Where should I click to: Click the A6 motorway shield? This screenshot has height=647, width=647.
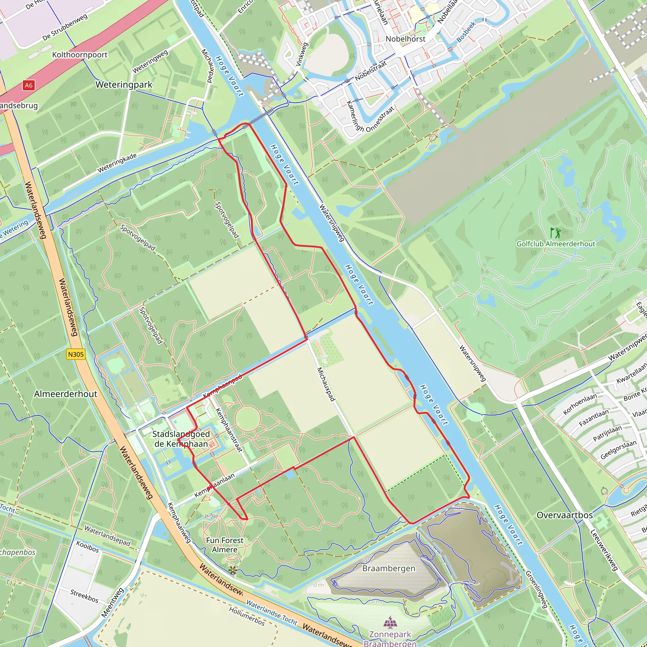click(x=28, y=85)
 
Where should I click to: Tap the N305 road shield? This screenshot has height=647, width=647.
click(x=76, y=354)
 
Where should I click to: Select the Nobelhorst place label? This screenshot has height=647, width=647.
click(x=405, y=39)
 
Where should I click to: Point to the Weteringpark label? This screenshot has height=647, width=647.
click(x=124, y=85)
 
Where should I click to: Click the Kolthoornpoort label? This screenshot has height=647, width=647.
click(x=80, y=55)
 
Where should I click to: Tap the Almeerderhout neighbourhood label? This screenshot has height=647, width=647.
click(x=66, y=394)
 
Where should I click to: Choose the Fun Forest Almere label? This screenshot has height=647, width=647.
click(x=225, y=545)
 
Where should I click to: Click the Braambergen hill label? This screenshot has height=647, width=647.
click(x=389, y=568)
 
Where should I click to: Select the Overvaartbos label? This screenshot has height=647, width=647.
click(x=565, y=515)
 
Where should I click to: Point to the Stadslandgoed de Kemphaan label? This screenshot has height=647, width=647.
click(x=181, y=439)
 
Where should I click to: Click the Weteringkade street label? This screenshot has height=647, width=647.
click(x=117, y=163)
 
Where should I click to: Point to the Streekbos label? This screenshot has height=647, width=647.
click(x=84, y=596)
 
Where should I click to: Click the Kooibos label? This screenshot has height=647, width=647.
click(x=88, y=547)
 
